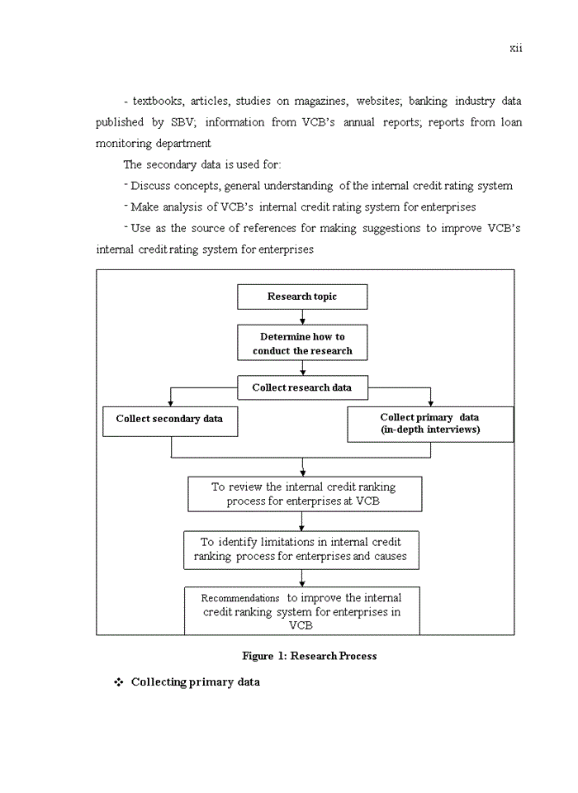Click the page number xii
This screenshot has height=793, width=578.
(x=515, y=48)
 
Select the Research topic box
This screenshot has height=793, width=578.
(x=302, y=297)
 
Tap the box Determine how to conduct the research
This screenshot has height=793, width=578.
(x=302, y=344)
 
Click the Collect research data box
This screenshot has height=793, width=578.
(x=302, y=387)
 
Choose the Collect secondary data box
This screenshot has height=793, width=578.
(x=169, y=420)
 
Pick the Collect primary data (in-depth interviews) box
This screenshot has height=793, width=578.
(x=429, y=424)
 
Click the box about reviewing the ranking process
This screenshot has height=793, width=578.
(x=304, y=494)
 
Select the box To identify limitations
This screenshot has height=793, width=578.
(x=301, y=549)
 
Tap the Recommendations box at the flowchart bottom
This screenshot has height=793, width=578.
(x=301, y=611)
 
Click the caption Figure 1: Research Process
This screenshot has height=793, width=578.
(x=309, y=656)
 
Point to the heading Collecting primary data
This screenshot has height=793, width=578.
(x=195, y=682)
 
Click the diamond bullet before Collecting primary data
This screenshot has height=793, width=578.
(x=118, y=682)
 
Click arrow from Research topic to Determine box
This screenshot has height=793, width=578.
(x=303, y=317)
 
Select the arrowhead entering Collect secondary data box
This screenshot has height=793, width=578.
(x=170, y=402)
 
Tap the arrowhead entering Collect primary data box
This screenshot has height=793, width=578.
(x=430, y=402)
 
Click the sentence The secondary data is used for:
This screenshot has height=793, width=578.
(x=202, y=164)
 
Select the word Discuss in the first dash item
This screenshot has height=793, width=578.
(x=150, y=186)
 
